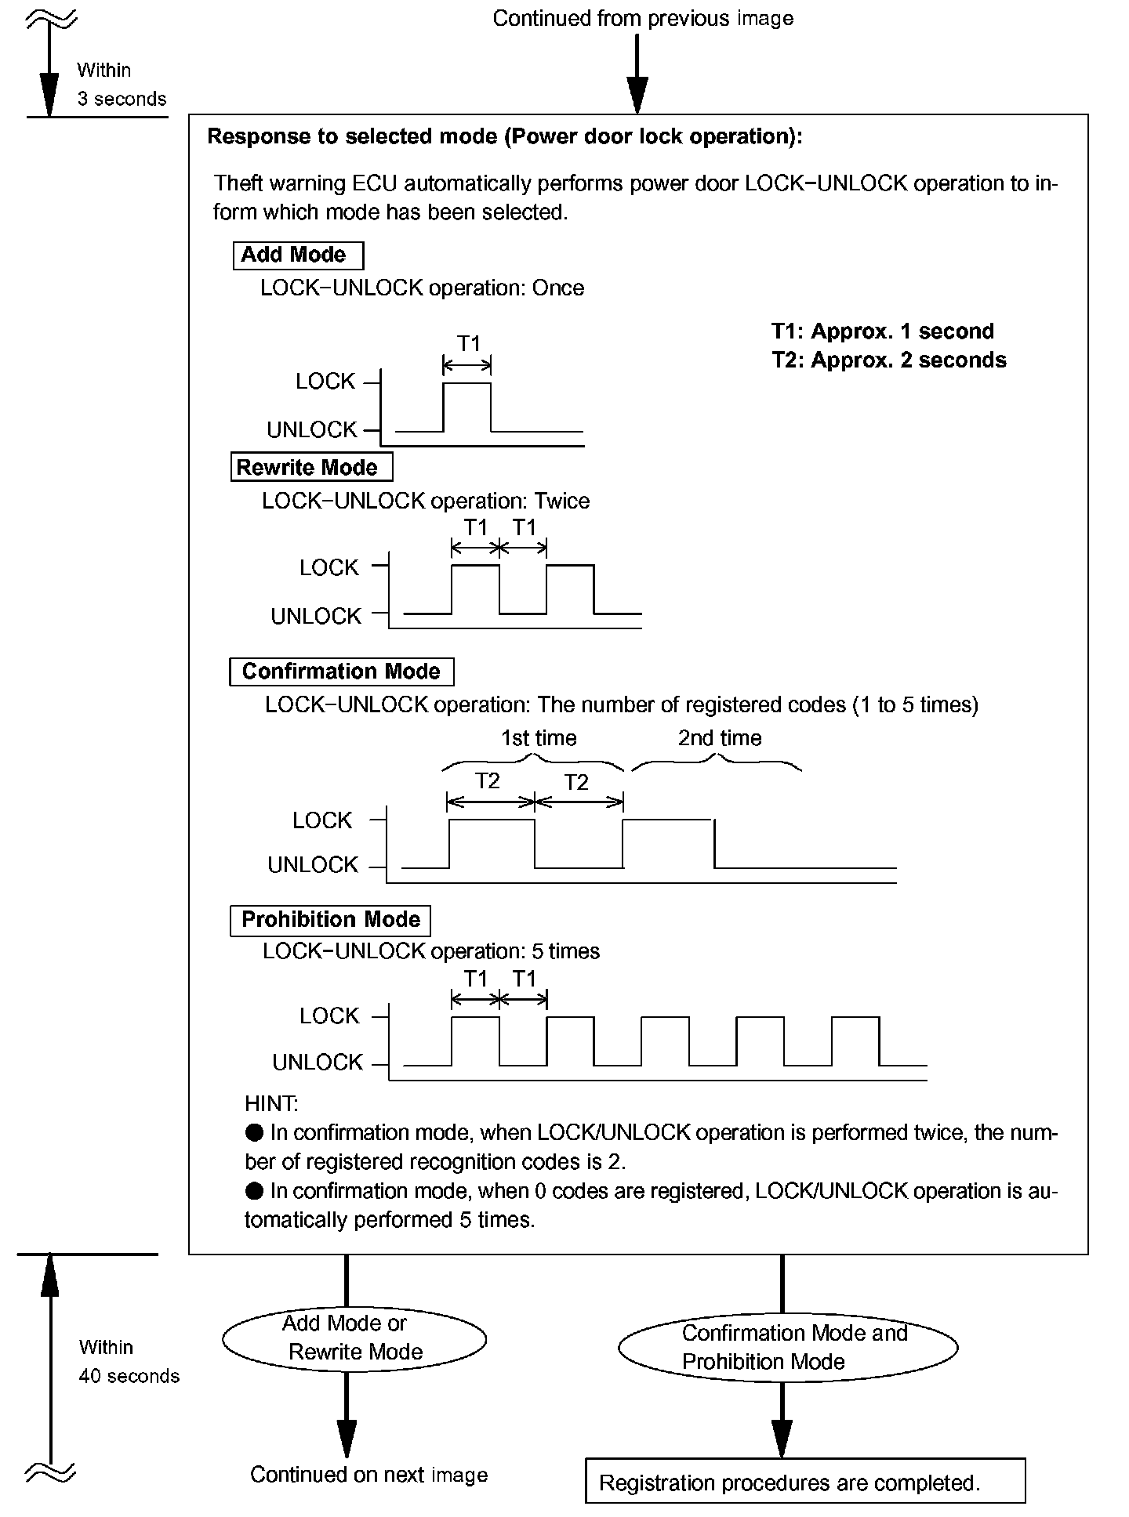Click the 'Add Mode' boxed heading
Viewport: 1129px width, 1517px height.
tap(298, 255)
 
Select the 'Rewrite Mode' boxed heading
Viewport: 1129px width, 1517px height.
tap(311, 468)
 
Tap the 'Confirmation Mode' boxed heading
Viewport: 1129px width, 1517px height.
tap(341, 672)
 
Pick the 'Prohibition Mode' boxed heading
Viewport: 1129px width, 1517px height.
tap(330, 920)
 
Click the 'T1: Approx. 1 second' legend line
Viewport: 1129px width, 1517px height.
tap(882, 331)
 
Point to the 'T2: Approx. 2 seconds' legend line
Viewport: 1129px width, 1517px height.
tap(888, 360)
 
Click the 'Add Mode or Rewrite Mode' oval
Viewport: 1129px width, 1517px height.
tap(354, 1338)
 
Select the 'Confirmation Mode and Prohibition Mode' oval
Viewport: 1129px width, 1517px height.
tap(788, 1347)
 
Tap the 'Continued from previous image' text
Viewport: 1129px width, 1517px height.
tap(643, 19)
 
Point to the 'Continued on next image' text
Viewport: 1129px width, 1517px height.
tap(368, 1475)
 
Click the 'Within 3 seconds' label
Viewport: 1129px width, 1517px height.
tap(122, 85)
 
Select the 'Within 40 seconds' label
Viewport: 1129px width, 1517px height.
tap(129, 1362)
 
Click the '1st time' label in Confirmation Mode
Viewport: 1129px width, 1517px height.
tap(539, 738)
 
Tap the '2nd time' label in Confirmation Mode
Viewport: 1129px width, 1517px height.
tap(719, 738)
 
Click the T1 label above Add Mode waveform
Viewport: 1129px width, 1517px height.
tap(468, 344)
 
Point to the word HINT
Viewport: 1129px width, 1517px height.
tap(271, 1104)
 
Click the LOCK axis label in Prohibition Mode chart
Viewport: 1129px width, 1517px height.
tap(329, 1016)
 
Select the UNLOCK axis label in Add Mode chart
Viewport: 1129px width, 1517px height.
tap(312, 430)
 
